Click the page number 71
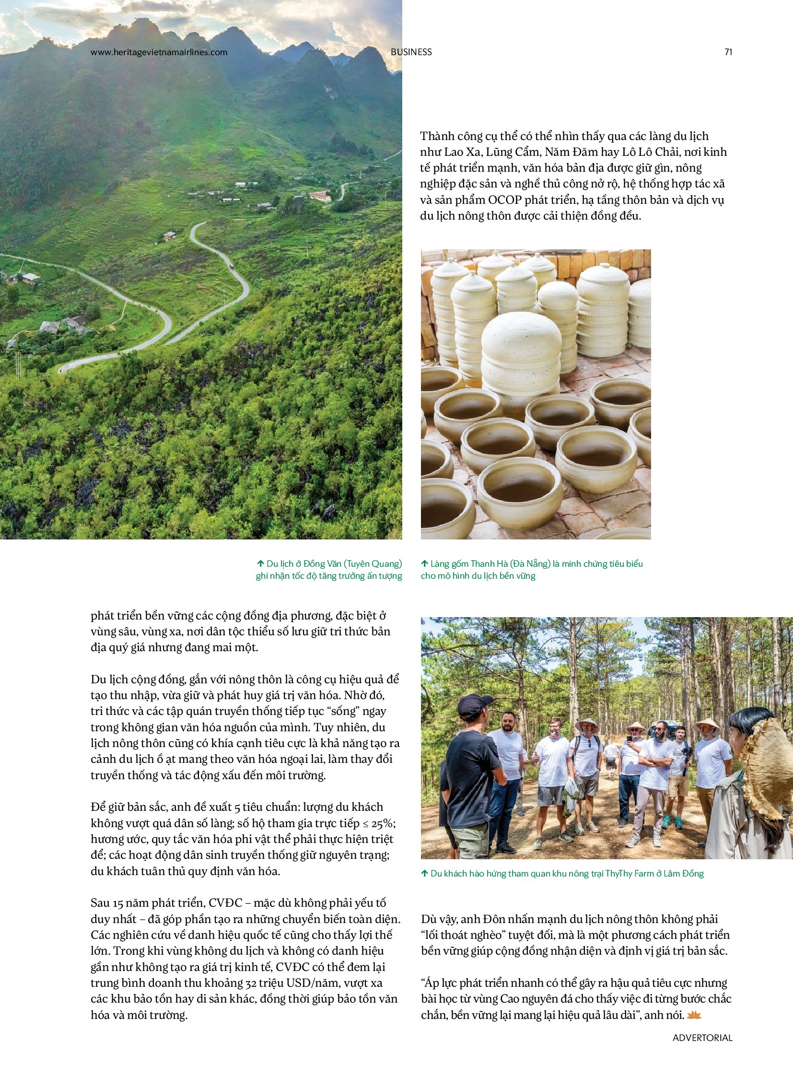pyautogui.click(x=728, y=52)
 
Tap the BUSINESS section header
pyautogui.click(x=411, y=52)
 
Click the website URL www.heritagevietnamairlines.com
pyautogui.click(x=159, y=52)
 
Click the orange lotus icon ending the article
pyautogui.click(x=694, y=1015)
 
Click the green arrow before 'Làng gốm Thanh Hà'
pyautogui.click(x=424, y=563)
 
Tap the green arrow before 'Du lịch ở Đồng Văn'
pyautogui.click(x=261, y=563)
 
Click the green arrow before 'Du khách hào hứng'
pyautogui.click(x=424, y=873)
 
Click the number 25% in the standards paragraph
pyautogui.click(x=382, y=823)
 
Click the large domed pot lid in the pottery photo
pyautogui.click(x=521, y=336)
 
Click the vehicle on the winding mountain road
pyautogui.click(x=233, y=267)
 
